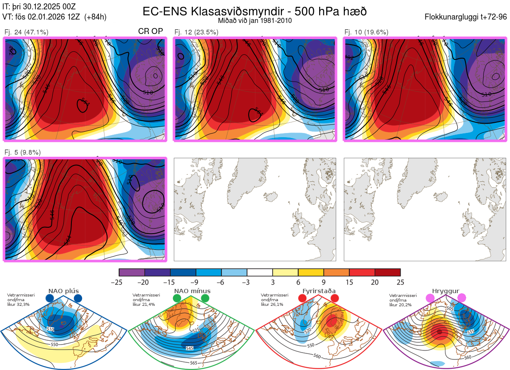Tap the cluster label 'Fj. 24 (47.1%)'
26,32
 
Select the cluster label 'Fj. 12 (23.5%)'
196,32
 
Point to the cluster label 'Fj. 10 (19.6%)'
366,32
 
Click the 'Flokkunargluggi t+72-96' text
466,17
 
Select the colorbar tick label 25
400,282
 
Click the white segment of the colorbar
260,272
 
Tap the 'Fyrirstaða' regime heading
319,291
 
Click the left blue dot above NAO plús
50,299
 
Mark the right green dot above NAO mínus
205,299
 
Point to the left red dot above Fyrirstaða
303,299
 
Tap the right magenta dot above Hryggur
462,299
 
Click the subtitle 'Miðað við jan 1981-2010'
255,20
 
